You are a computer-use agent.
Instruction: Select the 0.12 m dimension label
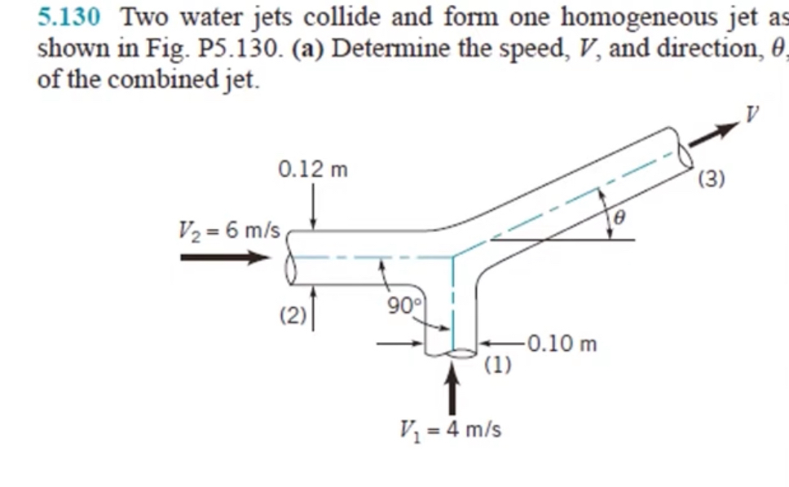click(x=312, y=169)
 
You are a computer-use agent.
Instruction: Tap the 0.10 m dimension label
click(x=562, y=344)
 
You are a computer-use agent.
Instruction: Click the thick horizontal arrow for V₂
click(x=224, y=258)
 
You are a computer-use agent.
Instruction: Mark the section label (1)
click(x=498, y=364)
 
